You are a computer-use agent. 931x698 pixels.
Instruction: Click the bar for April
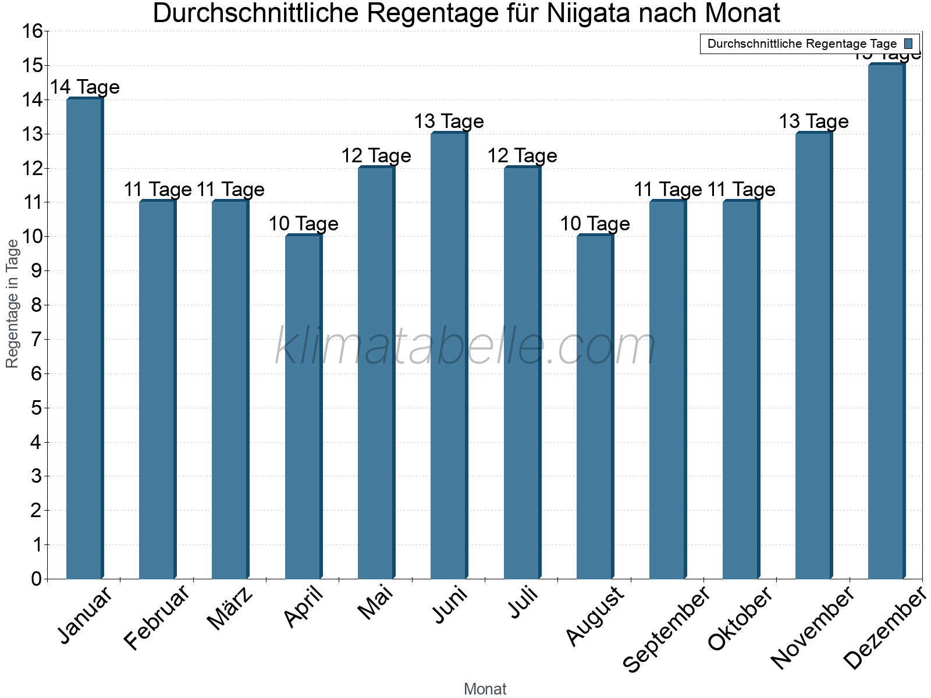pos(303,407)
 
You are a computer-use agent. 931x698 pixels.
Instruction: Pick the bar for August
pos(595,407)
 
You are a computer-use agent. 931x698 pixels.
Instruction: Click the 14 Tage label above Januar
pos(85,87)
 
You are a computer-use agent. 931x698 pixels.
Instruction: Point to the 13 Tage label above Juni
pos(449,122)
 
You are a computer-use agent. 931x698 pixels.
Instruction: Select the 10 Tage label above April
pos(303,224)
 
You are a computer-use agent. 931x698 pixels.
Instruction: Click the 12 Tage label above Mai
pos(376,156)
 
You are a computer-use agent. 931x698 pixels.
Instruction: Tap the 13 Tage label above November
pos(813,122)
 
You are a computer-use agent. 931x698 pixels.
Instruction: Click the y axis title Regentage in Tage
pos(13,304)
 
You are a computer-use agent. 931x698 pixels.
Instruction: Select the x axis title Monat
pos(485,689)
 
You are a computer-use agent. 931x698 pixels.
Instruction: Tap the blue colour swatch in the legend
pos(909,44)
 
